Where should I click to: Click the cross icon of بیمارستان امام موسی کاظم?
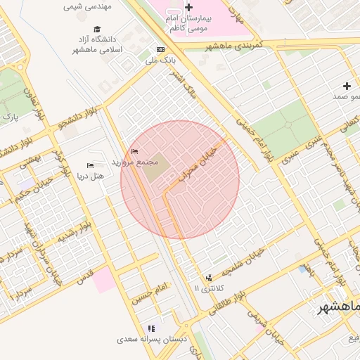(188, 7)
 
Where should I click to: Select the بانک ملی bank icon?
(160, 49)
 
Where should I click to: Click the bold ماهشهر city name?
(337, 308)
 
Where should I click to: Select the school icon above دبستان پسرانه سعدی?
(150, 328)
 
